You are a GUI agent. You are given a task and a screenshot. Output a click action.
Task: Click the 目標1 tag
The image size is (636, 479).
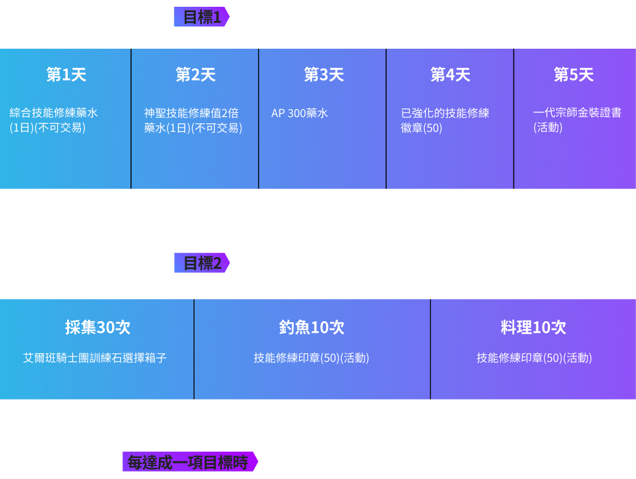[201, 17]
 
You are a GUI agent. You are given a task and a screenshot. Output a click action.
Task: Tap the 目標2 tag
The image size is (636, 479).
[201, 263]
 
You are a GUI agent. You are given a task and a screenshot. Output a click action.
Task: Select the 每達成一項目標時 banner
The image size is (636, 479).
[190, 462]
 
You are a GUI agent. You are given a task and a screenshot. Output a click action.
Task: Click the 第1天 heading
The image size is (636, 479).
[66, 75]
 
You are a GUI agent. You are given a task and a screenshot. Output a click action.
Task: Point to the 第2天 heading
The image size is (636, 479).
[196, 75]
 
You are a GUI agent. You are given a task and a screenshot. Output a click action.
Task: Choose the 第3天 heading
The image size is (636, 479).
[324, 75]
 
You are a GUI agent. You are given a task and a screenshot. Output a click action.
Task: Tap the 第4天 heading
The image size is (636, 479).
[450, 75]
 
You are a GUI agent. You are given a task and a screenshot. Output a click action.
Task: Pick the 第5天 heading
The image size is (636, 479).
[574, 75]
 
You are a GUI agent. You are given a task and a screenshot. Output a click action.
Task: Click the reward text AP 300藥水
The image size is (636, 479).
[299, 113]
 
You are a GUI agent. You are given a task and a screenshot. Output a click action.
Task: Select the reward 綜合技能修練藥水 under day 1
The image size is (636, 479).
[54, 113]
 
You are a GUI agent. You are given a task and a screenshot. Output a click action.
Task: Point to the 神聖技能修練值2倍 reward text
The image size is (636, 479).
[191, 113]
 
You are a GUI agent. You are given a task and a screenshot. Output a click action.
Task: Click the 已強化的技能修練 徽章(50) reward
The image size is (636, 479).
[445, 120]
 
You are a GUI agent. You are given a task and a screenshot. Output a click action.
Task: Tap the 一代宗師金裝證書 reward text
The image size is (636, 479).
[577, 113]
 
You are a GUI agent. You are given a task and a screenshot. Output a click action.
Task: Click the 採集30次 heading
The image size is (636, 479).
[98, 327]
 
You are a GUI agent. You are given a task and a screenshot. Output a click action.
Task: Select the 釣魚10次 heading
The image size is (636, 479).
[312, 327]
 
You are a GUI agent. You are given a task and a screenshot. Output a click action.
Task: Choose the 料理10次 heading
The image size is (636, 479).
[533, 327]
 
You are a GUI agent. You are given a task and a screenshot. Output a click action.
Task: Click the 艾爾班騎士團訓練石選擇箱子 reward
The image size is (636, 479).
[95, 358]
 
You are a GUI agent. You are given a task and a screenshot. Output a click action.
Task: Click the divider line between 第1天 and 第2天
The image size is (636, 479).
[131, 118]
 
